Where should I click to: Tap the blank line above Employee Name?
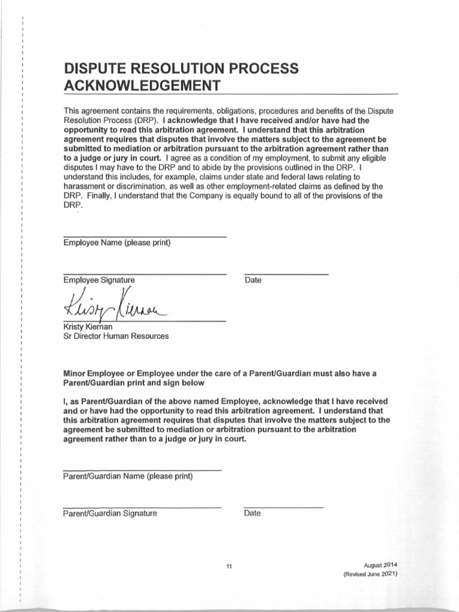point(145,237)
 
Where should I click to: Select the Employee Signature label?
point(99,280)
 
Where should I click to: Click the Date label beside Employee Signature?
point(253,280)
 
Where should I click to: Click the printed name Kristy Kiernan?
point(91,326)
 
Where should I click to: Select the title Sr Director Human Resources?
point(116,336)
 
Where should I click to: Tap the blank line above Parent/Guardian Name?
point(142,470)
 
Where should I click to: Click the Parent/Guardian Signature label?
point(110,513)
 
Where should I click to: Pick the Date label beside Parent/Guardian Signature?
point(252,513)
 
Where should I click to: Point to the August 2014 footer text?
point(380,565)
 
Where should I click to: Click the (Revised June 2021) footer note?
point(371,574)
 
